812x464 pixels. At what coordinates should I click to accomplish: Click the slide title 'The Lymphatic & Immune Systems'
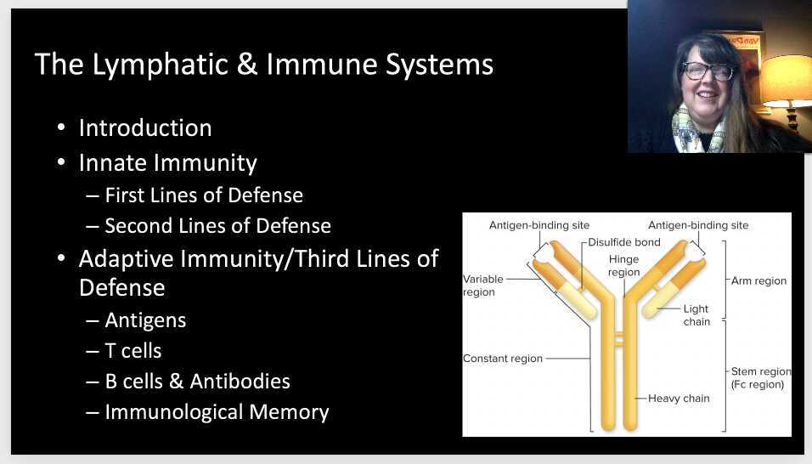(x=263, y=65)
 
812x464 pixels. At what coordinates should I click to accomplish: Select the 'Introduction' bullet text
(x=145, y=128)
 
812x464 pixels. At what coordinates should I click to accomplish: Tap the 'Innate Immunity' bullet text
(x=167, y=161)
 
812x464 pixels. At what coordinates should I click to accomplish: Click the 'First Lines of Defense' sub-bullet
(x=203, y=195)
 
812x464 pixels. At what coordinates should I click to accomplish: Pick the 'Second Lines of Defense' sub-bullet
(x=217, y=226)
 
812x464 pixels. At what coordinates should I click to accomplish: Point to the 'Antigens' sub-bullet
(x=145, y=320)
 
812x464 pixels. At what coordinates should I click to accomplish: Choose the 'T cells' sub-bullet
(x=133, y=351)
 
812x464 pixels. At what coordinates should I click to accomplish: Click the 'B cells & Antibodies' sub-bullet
(x=197, y=382)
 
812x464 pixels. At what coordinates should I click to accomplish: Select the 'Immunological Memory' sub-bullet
(x=217, y=412)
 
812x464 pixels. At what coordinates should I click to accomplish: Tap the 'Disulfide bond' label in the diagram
(x=623, y=242)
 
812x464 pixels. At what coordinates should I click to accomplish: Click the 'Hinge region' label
(x=623, y=266)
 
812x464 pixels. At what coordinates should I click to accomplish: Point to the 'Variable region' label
(x=482, y=286)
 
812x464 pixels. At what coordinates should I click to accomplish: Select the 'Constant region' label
(x=502, y=359)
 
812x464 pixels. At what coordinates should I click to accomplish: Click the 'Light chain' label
(x=696, y=315)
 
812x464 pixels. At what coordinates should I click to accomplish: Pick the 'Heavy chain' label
(x=679, y=398)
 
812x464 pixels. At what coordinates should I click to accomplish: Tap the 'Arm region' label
(x=758, y=280)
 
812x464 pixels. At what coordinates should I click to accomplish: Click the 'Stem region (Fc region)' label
(x=760, y=378)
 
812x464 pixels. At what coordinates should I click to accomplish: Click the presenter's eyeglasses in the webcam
(x=708, y=71)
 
